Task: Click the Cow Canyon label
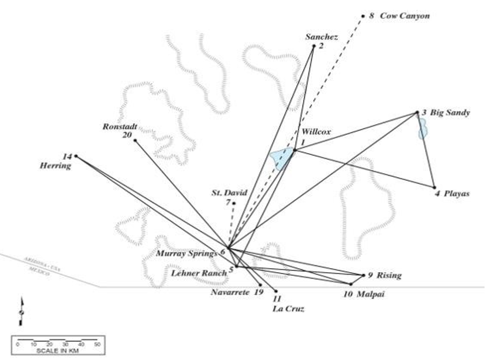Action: coord(404,16)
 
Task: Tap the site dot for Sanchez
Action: coord(314,46)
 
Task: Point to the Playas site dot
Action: coord(434,187)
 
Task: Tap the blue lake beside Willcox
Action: coord(281,160)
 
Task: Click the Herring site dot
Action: coord(76,156)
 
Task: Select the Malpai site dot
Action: coord(351,285)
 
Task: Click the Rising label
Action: coord(389,275)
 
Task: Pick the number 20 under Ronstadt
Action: coord(127,134)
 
